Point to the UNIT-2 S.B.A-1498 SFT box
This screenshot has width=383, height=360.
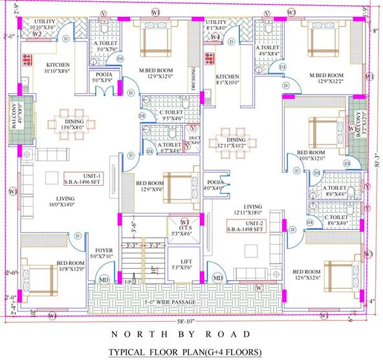point(245,225)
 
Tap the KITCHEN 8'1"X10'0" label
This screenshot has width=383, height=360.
point(228,80)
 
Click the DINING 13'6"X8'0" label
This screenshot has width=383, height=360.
point(72,124)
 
